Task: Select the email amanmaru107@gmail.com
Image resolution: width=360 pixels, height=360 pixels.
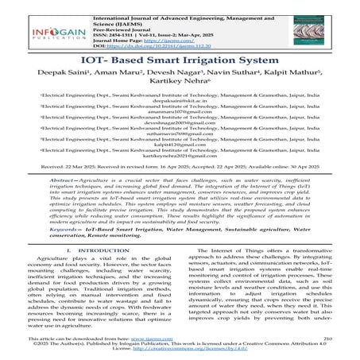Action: (180, 125)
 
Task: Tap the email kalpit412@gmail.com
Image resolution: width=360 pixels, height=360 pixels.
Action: (180, 158)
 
